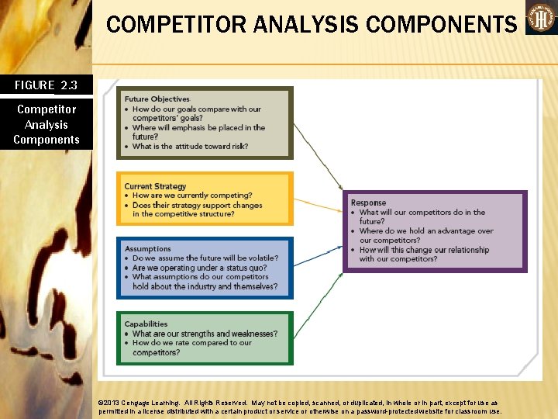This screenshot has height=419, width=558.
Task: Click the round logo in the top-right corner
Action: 540,18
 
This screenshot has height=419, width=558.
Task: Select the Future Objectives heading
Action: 157,99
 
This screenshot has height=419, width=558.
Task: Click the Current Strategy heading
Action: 155,186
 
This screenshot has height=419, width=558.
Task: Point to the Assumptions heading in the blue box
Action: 147,249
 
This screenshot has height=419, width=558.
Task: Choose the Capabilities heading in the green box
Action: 146,324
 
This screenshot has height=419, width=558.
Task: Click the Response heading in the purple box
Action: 367,203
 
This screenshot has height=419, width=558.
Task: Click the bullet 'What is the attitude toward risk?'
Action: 190,146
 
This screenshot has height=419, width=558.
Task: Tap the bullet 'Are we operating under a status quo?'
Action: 200,268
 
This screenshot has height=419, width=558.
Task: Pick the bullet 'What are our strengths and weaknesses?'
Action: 205,334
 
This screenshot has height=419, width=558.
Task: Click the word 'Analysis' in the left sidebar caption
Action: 46,124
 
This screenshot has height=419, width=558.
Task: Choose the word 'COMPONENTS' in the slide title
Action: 441,24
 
